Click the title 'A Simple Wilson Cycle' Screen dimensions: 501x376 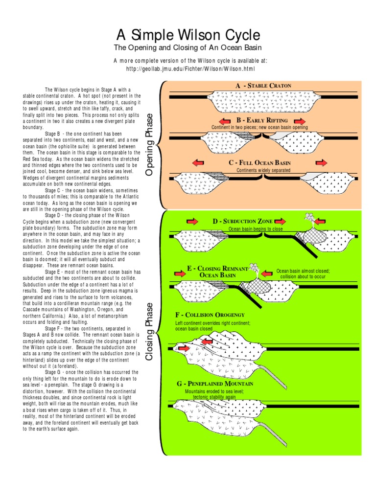pyautogui.click(x=188, y=35)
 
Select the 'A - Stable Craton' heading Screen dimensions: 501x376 pyautogui.click(x=263, y=86)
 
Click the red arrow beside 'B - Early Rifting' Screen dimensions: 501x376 pyautogui.click(x=225, y=120)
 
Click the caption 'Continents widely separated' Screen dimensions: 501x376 pyautogui.click(x=263, y=170)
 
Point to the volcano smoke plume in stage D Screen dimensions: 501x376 pyautogui.click(x=309, y=217)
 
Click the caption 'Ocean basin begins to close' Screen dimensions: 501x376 pyautogui.click(x=256, y=229)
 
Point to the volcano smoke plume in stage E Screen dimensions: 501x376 pyautogui.click(x=254, y=268)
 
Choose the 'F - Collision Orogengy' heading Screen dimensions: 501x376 pyautogui.click(x=210, y=315)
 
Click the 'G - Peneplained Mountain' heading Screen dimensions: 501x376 pyautogui.click(x=215, y=384)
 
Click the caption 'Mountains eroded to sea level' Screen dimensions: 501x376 pyautogui.click(x=214, y=392)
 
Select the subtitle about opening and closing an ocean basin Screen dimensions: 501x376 pyautogui.click(x=188, y=47)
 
